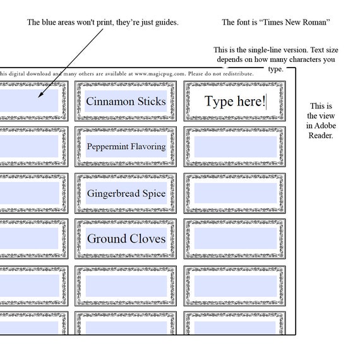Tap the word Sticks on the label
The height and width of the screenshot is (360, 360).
tap(152, 101)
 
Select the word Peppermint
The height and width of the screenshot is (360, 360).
tap(107, 147)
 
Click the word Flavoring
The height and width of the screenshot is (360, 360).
tap(148, 147)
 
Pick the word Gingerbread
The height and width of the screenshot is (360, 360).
tap(113, 193)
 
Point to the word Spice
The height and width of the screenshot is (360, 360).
tap(154, 194)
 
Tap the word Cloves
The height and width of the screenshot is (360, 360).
tap(148, 239)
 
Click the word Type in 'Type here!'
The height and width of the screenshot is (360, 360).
tap(219, 102)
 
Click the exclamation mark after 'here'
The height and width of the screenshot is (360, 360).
tap(263, 101)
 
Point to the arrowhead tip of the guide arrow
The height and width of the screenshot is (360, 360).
tap(38, 97)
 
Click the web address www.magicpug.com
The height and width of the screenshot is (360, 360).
tap(160, 74)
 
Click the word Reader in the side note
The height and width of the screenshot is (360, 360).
tap(320, 135)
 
